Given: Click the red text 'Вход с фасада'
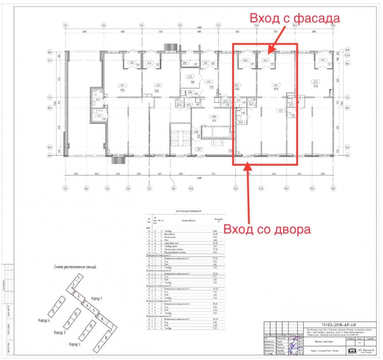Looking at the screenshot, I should [x=295, y=19].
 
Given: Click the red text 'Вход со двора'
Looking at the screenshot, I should [x=267, y=229].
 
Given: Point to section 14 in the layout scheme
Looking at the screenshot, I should [x=60, y=302].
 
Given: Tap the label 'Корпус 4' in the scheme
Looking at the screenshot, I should [x=43, y=320].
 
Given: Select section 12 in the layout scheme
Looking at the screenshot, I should [x=75, y=314].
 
